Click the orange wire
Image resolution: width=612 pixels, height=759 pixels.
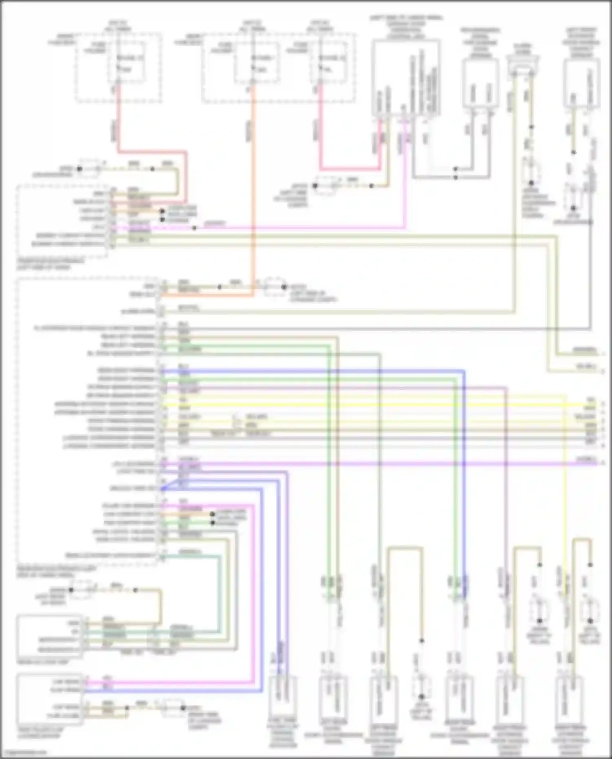pyautogui.click(x=253, y=184)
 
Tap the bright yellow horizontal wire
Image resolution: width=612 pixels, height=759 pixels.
pyautogui.click(x=367, y=405)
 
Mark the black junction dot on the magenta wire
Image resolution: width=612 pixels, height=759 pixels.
pyautogui.click(x=194, y=228)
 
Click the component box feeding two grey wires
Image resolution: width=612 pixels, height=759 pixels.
pyautogui.click(x=480, y=84)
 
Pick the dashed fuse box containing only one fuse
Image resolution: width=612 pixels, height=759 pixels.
pyautogui.click(x=118, y=67)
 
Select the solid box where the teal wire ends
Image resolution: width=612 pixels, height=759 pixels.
pyautogui.click(x=49, y=637)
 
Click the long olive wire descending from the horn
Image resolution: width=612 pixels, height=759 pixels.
pyautogui.click(x=513, y=204)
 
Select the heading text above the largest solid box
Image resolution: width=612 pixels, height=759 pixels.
pyautogui.click(x=406, y=27)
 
